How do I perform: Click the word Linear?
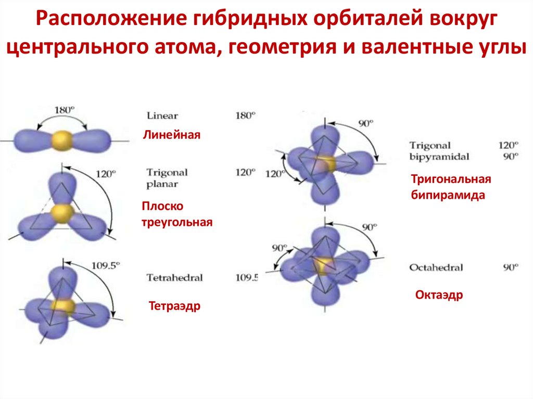162,115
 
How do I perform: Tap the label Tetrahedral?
174,277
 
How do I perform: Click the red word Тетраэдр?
174,305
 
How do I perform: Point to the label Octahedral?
436,267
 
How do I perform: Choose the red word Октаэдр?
439,295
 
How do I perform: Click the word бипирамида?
448,196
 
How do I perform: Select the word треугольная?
177,222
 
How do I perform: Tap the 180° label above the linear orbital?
65,110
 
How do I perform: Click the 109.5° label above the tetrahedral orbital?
106,265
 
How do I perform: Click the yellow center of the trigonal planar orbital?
64,212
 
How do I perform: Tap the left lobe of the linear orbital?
33,139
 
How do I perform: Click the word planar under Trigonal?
162,184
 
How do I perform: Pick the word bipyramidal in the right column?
439,156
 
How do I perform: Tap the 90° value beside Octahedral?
511,267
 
